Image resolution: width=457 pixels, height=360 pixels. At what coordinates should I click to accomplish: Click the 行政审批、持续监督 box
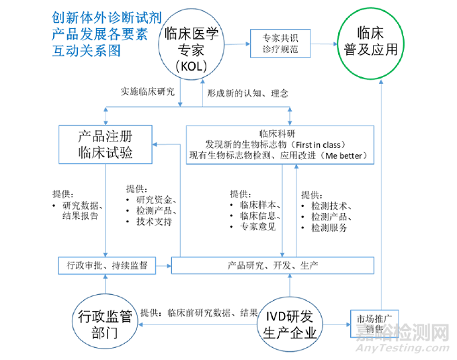pyautogui.click(x=108, y=265)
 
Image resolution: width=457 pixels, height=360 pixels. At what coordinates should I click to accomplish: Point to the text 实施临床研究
pyautogui.click(x=148, y=91)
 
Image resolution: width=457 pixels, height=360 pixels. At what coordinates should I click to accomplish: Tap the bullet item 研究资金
pyautogui.click(x=156, y=199)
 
